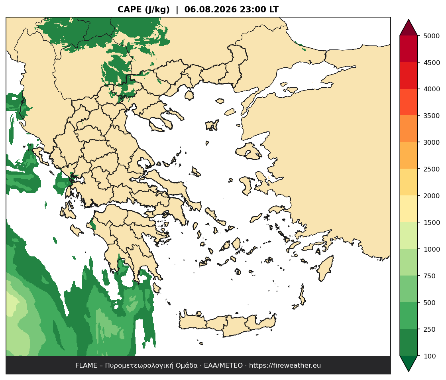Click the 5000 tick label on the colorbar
coord(432,36)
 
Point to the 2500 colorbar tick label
coord(432,169)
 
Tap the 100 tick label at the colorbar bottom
coord(430,356)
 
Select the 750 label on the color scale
coord(430,276)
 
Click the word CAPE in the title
coord(130,10)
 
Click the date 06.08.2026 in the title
coord(210,10)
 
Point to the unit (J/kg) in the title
coord(157,10)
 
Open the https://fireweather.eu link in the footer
coord(285,366)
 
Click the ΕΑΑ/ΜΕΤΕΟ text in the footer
coord(223,366)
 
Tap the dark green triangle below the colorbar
coord(409,362)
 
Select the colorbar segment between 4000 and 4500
coord(409,76)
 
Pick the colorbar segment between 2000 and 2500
coord(409,182)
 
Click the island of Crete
coord(228,325)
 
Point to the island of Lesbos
coord(248,151)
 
